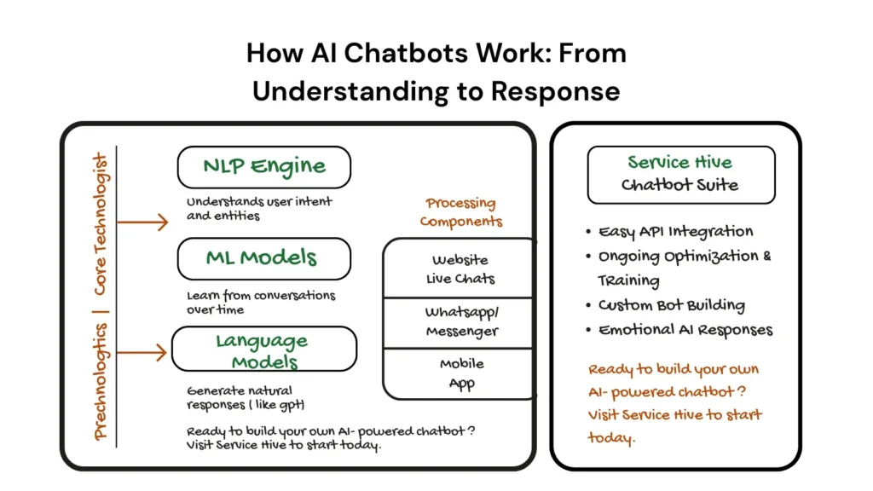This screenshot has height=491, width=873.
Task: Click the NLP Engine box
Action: click(263, 167)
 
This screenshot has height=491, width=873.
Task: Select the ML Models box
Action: click(263, 258)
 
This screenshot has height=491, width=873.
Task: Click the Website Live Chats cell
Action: click(460, 269)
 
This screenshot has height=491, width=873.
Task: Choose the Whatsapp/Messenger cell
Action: click(460, 322)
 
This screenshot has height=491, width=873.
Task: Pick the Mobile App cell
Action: click(460, 373)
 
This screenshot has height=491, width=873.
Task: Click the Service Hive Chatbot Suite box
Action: click(680, 174)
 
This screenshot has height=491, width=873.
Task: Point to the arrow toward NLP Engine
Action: click(142, 223)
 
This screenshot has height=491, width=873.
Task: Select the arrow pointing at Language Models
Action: click(142, 351)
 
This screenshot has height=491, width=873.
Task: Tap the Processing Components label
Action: click(460, 212)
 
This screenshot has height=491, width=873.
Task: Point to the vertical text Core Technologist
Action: click(101, 223)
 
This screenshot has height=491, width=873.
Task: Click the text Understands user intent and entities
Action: click(259, 209)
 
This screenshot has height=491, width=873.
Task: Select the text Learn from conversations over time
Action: click(261, 302)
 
